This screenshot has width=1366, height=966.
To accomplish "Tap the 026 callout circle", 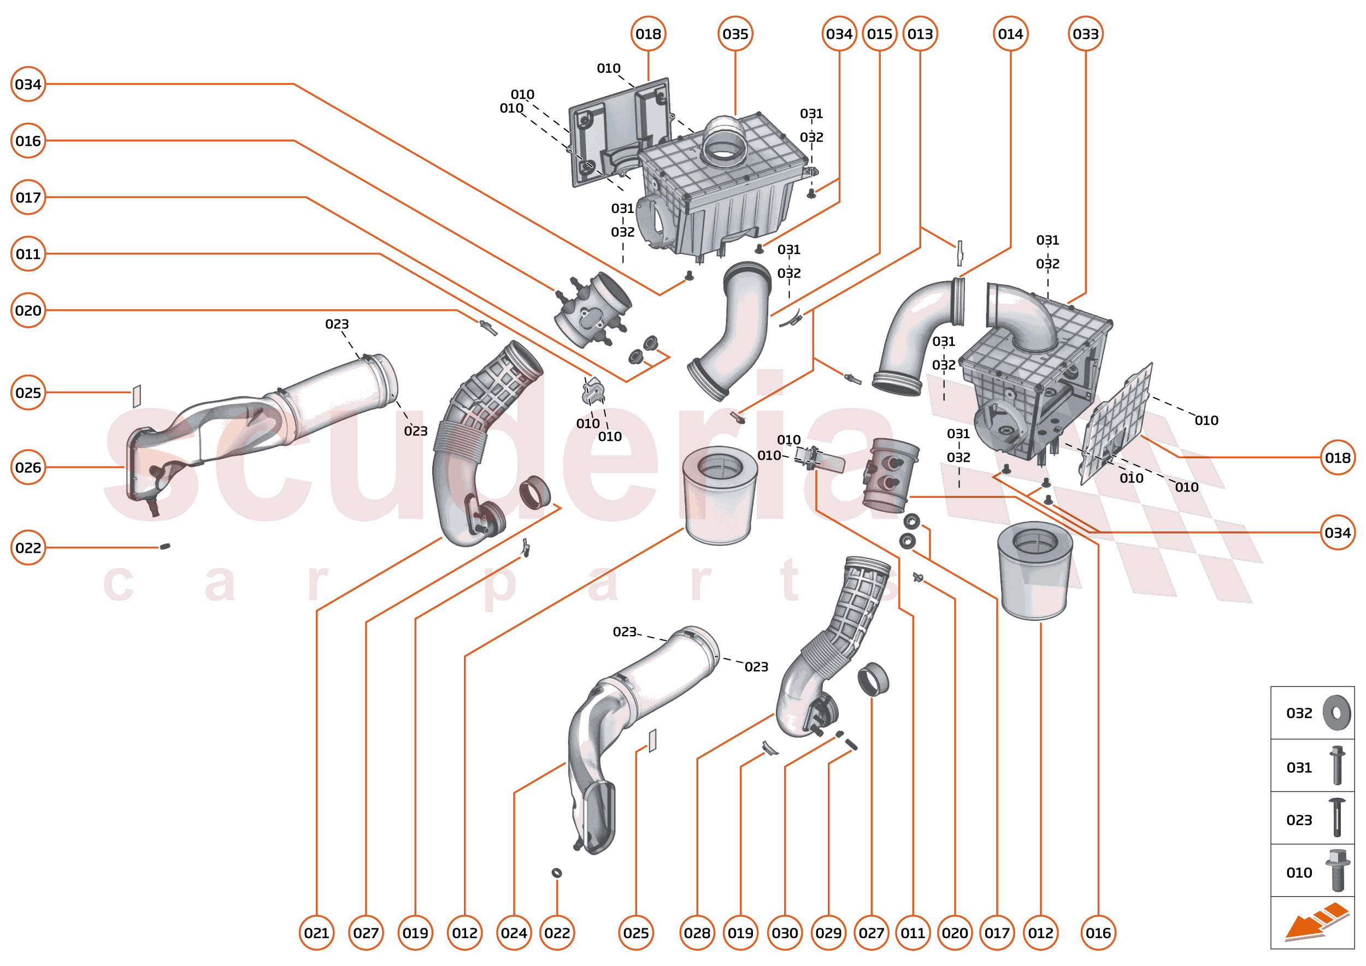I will [28, 467].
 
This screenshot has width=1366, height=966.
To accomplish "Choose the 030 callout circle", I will [785, 933].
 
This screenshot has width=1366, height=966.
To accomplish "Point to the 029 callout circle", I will [828, 933].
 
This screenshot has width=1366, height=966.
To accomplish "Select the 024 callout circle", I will [514, 933].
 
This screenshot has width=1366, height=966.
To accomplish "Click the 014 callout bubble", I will [1010, 34].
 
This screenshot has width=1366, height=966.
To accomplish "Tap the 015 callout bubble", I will [879, 34].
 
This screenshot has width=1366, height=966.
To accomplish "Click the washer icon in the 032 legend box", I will [1337, 713].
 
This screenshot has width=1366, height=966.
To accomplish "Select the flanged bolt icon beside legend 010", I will [1338, 871].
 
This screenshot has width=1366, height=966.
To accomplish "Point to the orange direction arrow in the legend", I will [1315, 922].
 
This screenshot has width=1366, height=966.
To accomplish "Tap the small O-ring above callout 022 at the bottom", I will [557, 873].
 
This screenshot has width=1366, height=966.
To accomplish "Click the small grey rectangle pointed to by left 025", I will [136, 395].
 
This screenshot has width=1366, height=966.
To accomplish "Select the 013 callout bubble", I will [920, 34].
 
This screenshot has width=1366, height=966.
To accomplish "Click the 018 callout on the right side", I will [1338, 458].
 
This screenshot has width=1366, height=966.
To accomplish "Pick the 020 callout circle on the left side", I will [28, 311].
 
